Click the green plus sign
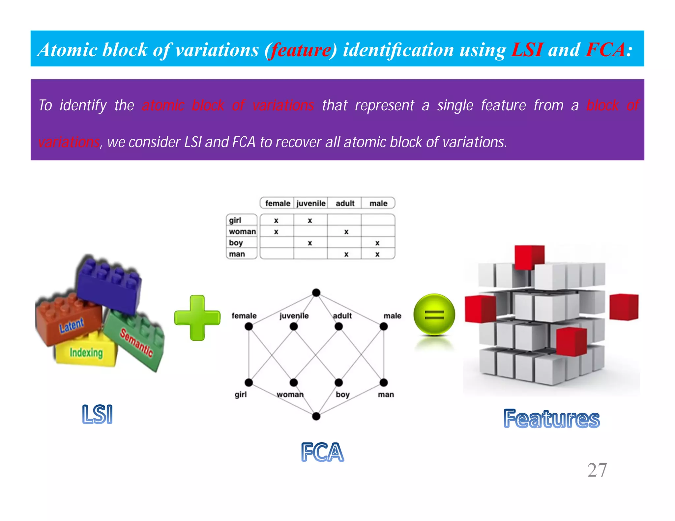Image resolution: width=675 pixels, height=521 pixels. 197,318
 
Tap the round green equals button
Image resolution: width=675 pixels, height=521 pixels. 434,315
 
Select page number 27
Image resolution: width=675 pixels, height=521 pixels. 597,470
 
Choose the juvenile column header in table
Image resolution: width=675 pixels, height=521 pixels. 310,204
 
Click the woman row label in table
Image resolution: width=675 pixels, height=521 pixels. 242,232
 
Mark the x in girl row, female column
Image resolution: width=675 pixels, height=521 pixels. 276,220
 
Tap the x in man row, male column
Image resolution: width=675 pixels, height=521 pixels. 377,254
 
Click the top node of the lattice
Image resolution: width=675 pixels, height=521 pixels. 316,292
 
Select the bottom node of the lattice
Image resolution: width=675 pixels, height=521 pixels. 316,416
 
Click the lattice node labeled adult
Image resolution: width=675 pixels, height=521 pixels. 338,326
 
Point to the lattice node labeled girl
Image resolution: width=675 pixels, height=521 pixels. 249,382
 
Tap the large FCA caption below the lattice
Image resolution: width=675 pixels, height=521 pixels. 322,452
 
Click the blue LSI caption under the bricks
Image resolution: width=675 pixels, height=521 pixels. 98,414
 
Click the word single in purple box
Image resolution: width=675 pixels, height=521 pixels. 455,105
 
